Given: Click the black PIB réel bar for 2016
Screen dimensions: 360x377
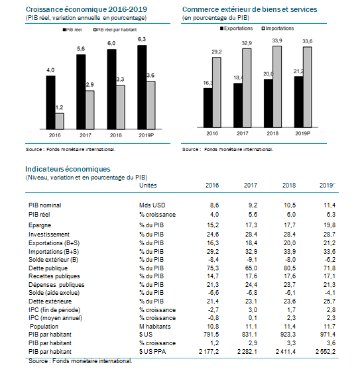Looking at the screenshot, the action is pyautogui.click(x=50, y=103).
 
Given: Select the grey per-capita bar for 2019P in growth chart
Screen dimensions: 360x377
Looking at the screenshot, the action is pyautogui.click(x=151, y=105).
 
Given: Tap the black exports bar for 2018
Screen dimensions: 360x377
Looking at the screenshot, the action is pyautogui.click(x=269, y=103).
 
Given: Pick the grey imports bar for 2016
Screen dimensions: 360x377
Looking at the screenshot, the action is pyautogui.click(x=217, y=92).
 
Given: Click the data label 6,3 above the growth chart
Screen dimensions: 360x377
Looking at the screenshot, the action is pyautogui.click(x=142, y=39).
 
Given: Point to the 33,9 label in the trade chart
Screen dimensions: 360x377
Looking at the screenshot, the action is pyautogui.click(x=277, y=41).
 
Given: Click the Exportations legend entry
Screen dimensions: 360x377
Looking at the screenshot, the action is pyautogui.click(x=237, y=28).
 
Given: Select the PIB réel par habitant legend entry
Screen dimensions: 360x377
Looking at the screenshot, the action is pyautogui.click(x=115, y=30).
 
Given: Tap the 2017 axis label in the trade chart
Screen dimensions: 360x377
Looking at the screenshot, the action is pyautogui.click(x=243, y=133).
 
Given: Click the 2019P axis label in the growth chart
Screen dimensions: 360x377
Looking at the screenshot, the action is pyautogui.click(x=146, y=135).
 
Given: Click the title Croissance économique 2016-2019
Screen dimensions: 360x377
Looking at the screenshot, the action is pyautogui.click(x=86, y=9).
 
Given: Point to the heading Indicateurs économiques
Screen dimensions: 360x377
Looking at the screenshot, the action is pyautogui.click(x=68, y=169).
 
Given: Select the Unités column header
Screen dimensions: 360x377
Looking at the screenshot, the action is pyautogui.click(x=148, y=186).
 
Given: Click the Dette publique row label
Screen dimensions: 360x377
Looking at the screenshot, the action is pyautogui.click(x=48, y=268).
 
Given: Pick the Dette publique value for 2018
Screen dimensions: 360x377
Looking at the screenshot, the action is pyautogui.click(x=290, y=268).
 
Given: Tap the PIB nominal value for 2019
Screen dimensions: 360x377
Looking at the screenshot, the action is pyautogui.click(x=330, y=205).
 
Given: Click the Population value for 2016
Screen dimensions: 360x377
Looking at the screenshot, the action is pyautogui.click(x=213, y=327).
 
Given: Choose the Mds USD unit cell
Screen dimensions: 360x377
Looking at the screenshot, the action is pyautogui.click(x=152, y=205).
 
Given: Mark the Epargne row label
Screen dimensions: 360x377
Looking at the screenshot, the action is pyautogui.click(x=40, y=225).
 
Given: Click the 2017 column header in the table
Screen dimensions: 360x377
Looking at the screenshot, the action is pyautogui.click(x=251, y=186).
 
